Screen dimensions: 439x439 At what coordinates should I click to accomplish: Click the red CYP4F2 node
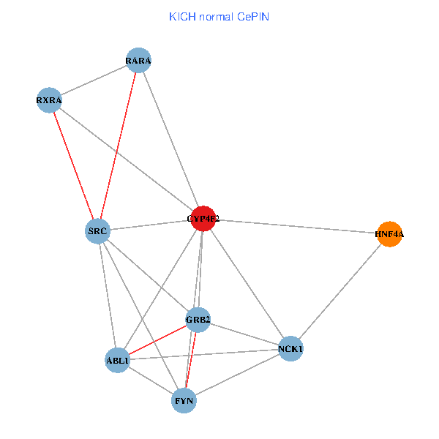click(x=203, y=218)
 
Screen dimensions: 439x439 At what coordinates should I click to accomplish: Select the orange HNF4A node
click(x=389, y=234)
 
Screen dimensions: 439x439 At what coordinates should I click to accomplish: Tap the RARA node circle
click(x=138, y=60)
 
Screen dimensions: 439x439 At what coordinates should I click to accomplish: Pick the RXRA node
click(x=50, y=100)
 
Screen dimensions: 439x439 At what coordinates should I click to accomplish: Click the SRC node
click(x=98, y=231)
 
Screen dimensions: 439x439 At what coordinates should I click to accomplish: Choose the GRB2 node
click(x=198, y=320)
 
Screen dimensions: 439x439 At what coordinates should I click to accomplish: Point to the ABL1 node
click(x=118, y=360)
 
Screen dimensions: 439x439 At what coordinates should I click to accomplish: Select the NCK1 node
click(x=290, y=349)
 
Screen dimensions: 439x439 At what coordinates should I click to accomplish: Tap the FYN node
click(x=184, y=400)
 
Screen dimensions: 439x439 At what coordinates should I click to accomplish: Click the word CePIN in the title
click(x=252, y=17)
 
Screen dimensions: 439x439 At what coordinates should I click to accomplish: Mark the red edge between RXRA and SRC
click(x=74, y=166)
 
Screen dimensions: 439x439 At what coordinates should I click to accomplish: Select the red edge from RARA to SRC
click(x=119, y=146)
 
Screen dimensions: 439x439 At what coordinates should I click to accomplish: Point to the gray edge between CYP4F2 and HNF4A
click(x=296, y=226)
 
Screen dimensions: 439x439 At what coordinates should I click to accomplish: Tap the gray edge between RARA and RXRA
click(x=94, y=80)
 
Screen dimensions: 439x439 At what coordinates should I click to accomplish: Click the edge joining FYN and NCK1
click(x=237, y=375)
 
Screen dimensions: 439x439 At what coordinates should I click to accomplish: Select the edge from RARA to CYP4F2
click(x=170, y=139)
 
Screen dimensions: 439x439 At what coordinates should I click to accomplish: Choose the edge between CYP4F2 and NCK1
click(x=247, y=284)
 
